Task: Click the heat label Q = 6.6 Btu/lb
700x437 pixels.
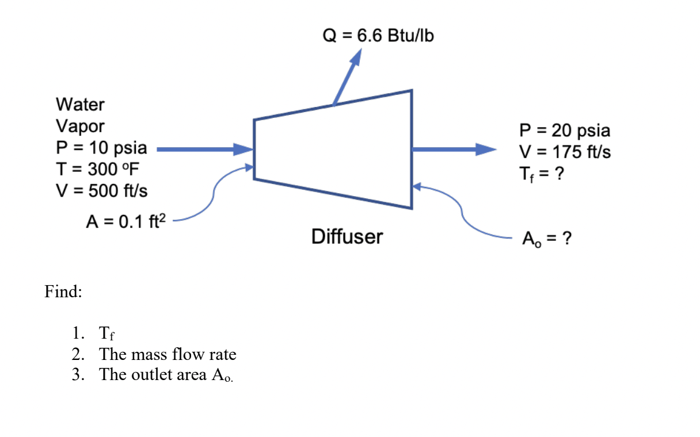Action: [378, 36]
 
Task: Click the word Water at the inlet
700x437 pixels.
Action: [81, 105]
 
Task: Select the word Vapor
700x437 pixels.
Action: [81, 126]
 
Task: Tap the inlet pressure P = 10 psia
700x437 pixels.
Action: [101, 148]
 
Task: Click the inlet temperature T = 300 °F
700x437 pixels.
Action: [97, 169]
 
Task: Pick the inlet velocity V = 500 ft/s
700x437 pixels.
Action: [101, 190]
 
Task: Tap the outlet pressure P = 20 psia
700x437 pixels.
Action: [564, 131]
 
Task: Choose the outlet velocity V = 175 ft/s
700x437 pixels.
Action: [565, 152]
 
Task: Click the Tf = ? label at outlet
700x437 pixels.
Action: [545, 174]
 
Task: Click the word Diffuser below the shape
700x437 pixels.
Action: [347, 236]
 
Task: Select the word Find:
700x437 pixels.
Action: [63, 292]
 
